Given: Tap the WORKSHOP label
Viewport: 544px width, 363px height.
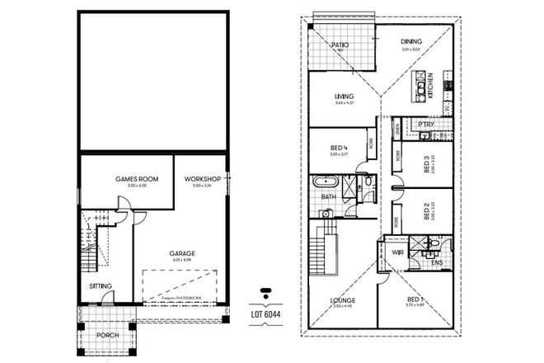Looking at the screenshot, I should pyautogui.click(x=202, y=178).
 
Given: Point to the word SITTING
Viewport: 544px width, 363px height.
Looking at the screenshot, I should pyautogui.click(x=101, y=286).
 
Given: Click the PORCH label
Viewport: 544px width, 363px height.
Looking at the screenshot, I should pyautogui.click(x=107, y=335).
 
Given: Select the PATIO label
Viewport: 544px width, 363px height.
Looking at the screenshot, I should pyautogui.click(x=340, y=45).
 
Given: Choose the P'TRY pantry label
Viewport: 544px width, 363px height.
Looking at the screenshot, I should pyautogui.click(x=426, y=124).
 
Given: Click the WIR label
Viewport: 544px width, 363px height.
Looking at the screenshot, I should pyautogui.click(x=396, y=252).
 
